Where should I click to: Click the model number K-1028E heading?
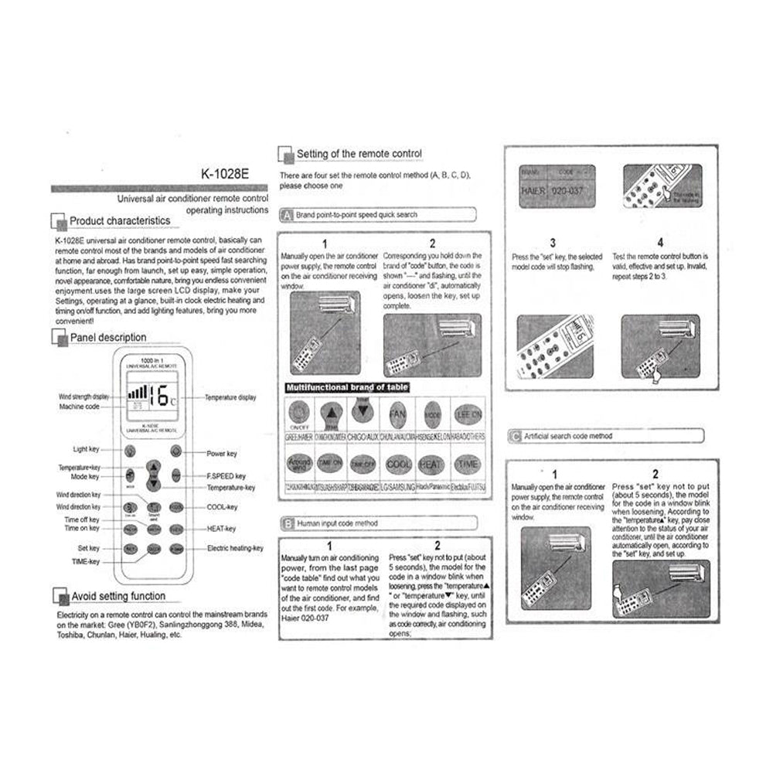point(223,175)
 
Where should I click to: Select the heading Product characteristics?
point(120,221)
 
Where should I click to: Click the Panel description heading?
point(108,338)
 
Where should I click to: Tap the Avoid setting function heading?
point(117,596)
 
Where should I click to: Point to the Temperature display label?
point(230,397)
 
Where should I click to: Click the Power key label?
point(222,454)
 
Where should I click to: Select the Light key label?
point(87,449)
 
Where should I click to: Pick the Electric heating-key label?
point(235,548)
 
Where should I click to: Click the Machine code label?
point(80,407)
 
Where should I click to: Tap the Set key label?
point(88,548)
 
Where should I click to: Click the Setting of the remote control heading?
point(359,155)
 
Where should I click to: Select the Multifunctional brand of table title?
point(347,387)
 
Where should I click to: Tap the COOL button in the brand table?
point(398,465)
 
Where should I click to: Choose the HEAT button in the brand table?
point(431,465)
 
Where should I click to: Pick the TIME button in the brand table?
point(468,465)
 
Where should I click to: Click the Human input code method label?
point(338,523)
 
